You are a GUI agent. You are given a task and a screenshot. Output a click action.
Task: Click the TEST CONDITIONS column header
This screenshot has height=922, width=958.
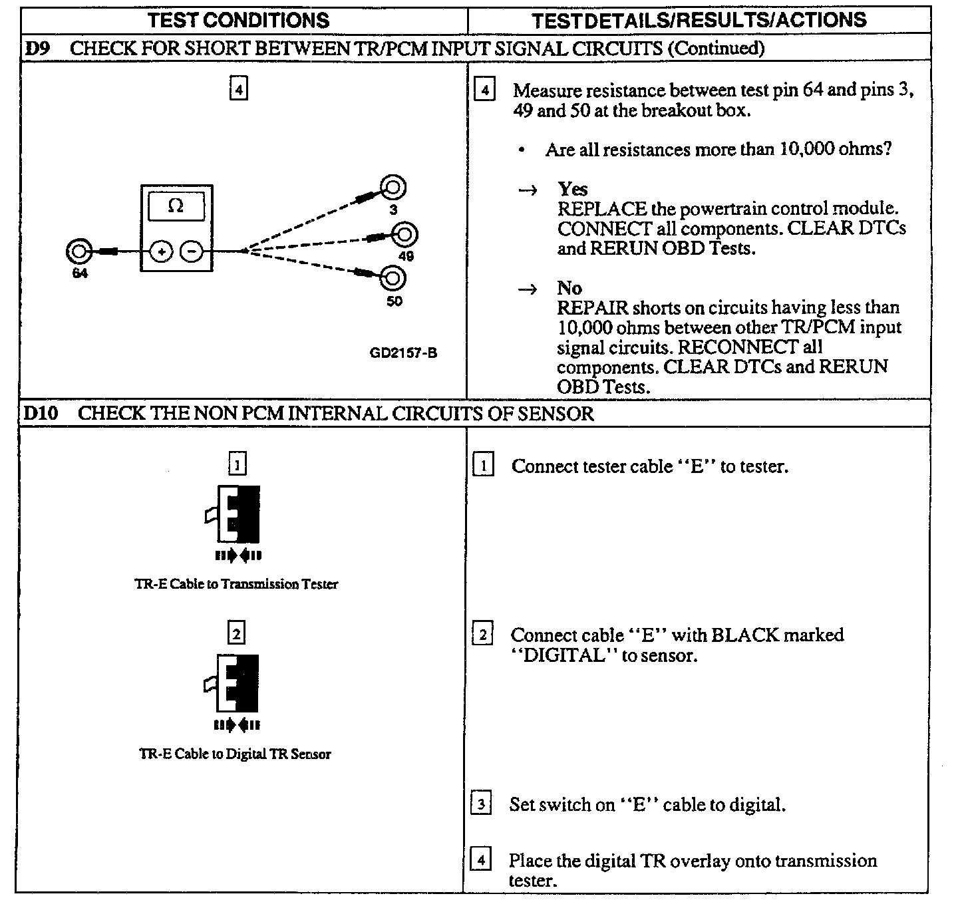239,20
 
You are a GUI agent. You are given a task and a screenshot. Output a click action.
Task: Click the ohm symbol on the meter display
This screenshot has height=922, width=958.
176,206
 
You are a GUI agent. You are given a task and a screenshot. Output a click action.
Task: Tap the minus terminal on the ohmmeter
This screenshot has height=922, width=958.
192,251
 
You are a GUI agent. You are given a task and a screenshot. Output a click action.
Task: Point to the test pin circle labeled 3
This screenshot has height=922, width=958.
393,188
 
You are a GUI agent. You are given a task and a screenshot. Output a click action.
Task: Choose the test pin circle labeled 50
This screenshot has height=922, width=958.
393,277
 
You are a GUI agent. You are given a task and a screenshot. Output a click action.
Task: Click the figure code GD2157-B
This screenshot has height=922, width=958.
403,353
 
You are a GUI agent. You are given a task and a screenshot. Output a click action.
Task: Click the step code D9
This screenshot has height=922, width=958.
37,49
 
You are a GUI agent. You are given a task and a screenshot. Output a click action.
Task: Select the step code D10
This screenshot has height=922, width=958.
41,413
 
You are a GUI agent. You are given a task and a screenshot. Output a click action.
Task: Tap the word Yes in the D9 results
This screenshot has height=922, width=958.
573,189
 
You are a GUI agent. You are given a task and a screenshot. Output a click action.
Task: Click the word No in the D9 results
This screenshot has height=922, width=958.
569,288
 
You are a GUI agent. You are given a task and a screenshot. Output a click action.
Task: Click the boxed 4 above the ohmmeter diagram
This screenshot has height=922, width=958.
238,88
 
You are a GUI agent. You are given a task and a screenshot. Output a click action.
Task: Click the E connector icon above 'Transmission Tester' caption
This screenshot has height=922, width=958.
235,515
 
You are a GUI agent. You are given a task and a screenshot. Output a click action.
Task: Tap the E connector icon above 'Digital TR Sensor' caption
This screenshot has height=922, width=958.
235,685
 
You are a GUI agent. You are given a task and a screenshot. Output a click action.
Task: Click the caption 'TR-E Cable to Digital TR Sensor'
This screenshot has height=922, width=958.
235,754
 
